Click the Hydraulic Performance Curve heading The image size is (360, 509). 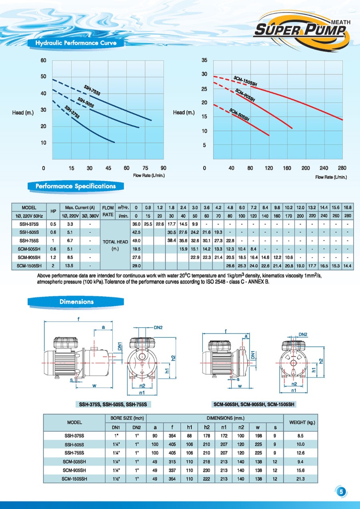coord(76,43)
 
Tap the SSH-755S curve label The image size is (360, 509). coord(92,90)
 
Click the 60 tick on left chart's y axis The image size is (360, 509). coord(44,61)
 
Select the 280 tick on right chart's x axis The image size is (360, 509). coord(342,168)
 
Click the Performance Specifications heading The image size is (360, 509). coord(76,186)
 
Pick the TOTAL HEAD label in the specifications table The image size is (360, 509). coord(115,242)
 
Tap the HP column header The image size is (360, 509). coord(52,211)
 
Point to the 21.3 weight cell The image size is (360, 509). coord(300,479)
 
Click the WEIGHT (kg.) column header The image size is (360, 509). coord(300,422)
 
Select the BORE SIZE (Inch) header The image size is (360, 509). coord(126,418)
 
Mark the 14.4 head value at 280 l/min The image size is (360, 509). coord(348,265)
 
